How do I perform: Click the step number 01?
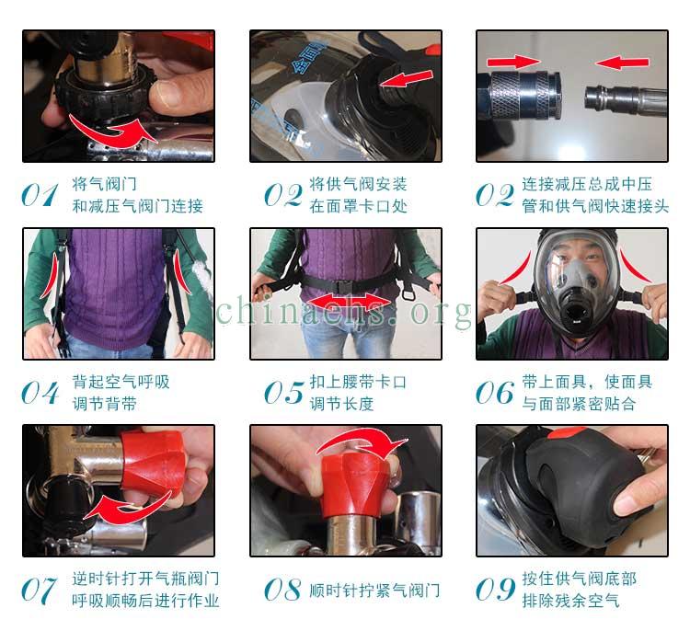click(40, 195)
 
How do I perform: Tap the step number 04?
click(40, 392)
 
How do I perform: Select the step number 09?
click(495, 590)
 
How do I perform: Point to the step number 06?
click(495, 392)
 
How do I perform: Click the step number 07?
click(40, 591)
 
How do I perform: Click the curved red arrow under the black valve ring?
click(112, 132)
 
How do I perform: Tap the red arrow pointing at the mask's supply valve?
click(406, 78)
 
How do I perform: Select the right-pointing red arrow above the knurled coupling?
click(512, 61)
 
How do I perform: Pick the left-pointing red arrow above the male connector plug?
click(622, 62)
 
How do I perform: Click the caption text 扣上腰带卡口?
click(358, 382)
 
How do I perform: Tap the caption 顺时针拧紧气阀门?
click(374, 591)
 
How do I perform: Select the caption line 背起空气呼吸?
click(121, 382)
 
